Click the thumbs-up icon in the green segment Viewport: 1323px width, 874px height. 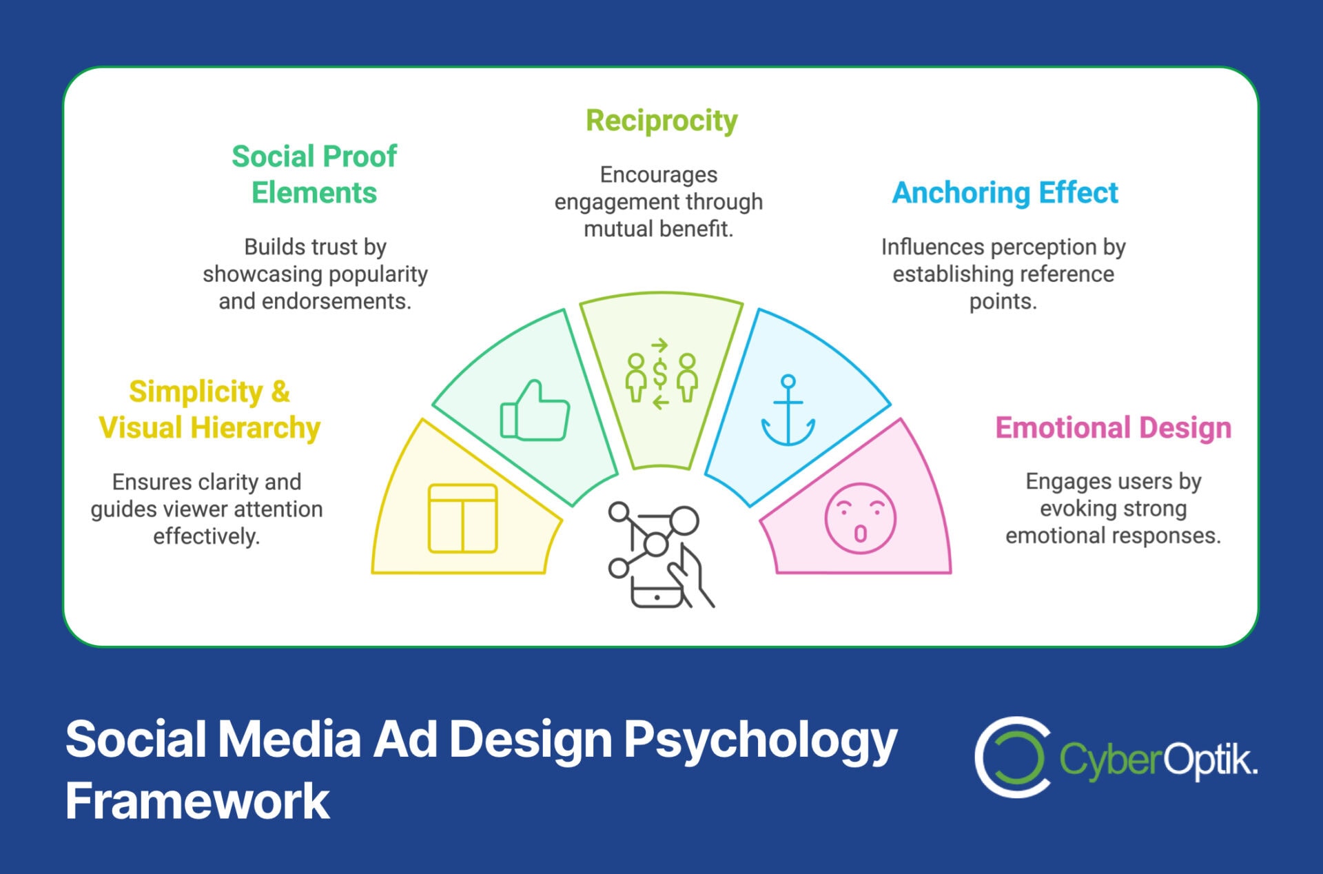(535, 411)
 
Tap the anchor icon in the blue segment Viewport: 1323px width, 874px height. (788, 411)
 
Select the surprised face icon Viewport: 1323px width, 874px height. (860, 518)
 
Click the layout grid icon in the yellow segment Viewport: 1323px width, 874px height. (462, 518)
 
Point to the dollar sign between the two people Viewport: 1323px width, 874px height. (660, 374)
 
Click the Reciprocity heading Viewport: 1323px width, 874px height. (661, 121)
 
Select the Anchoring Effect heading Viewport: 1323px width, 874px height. (1005, 193)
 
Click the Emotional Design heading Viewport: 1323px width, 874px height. (1113, 428)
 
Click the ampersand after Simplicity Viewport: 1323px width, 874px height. (280, 392)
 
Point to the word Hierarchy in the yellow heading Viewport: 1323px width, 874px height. (256, 428)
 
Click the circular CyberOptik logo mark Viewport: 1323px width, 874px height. (1012, 757)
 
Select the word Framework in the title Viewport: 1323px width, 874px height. (198, 801)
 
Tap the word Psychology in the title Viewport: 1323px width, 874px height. (760, 740)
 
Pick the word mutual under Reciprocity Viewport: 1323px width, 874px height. (615, 229)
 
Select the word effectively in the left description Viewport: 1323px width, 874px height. (206, 536)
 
